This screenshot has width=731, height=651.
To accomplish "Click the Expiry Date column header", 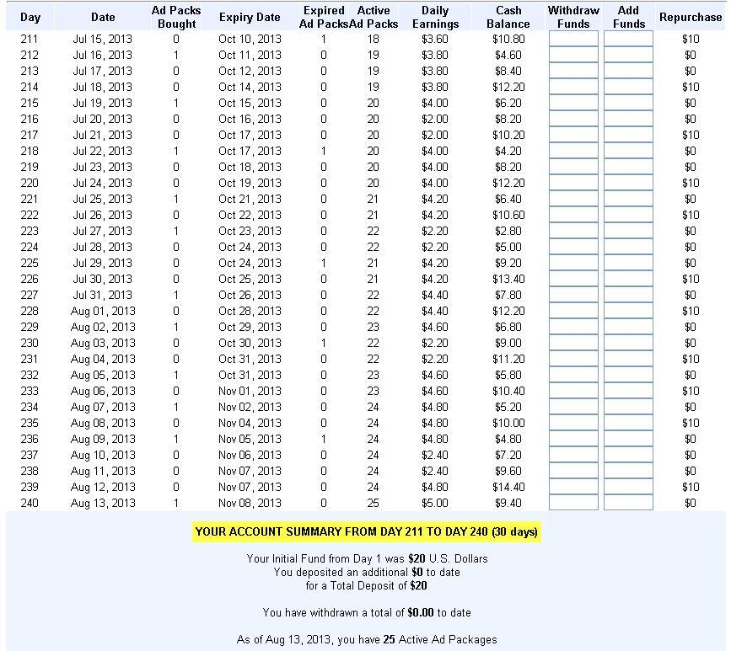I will [x=249, y=17].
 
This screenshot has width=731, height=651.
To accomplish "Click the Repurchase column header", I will [x=690, y=17].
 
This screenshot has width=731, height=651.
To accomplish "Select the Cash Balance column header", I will [x=508, y=17].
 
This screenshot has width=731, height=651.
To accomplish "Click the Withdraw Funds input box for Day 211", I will [x=573, y=39].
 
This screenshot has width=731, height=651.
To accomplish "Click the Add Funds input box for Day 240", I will [x=628, y=503].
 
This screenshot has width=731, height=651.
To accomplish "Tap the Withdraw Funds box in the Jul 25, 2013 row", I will [x=573, y=199].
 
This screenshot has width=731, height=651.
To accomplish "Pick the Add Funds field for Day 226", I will [x=628, y=279].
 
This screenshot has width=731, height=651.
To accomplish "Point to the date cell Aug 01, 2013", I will [x=103, y=311].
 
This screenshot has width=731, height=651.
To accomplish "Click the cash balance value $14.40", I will [x=508, y=487].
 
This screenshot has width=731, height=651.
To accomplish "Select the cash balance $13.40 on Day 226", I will [x=508, y=279].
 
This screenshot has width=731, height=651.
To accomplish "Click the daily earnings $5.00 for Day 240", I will [x=435, y=503].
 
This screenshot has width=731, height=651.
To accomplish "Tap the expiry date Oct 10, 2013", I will [x=250, y=39].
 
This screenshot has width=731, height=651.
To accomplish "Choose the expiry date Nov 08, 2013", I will [x=250, y=503].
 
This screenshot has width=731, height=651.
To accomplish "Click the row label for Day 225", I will [x=30, y=263].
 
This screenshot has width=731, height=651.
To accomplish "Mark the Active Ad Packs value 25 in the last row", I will [x=373, y=503].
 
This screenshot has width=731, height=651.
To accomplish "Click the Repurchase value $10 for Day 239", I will [x=690, y=487].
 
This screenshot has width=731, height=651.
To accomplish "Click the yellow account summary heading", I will [x=366, y=531].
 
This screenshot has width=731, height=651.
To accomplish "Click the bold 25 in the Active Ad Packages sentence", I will [x=389, y=639].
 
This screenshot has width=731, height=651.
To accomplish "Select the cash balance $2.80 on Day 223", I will [x=508, y=231].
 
